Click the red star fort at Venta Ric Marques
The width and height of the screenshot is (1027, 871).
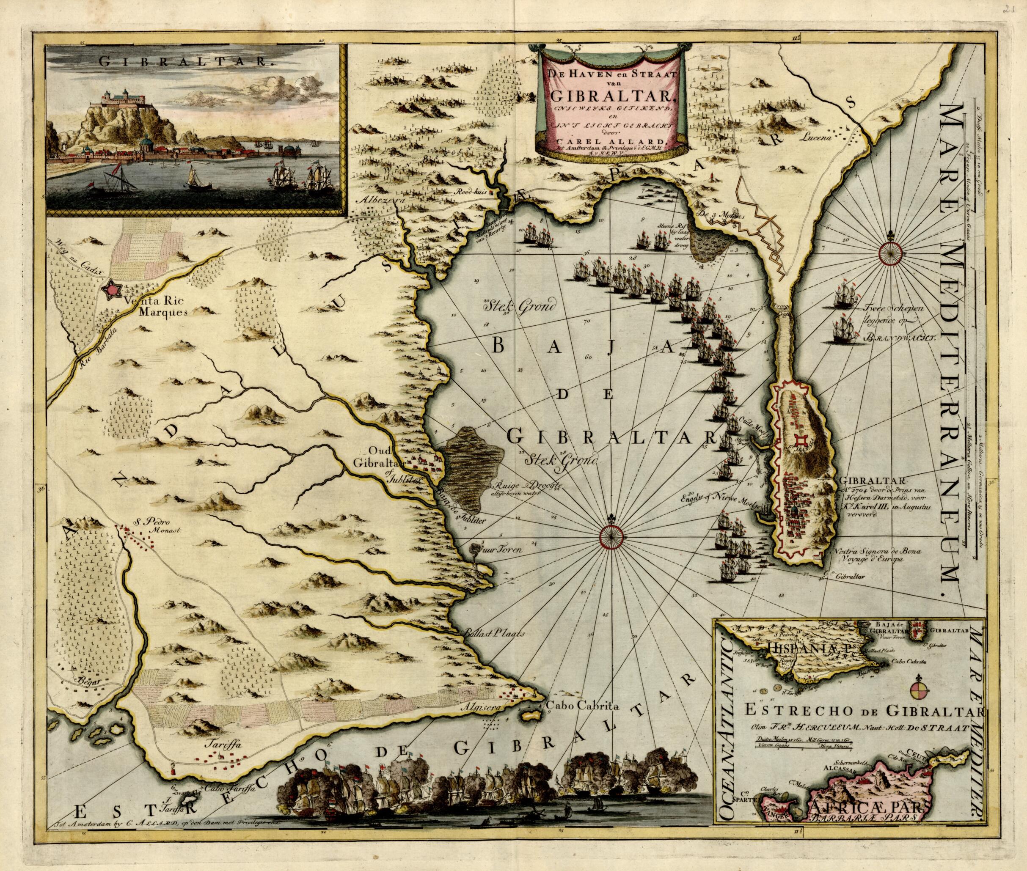tap(112, 289)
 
